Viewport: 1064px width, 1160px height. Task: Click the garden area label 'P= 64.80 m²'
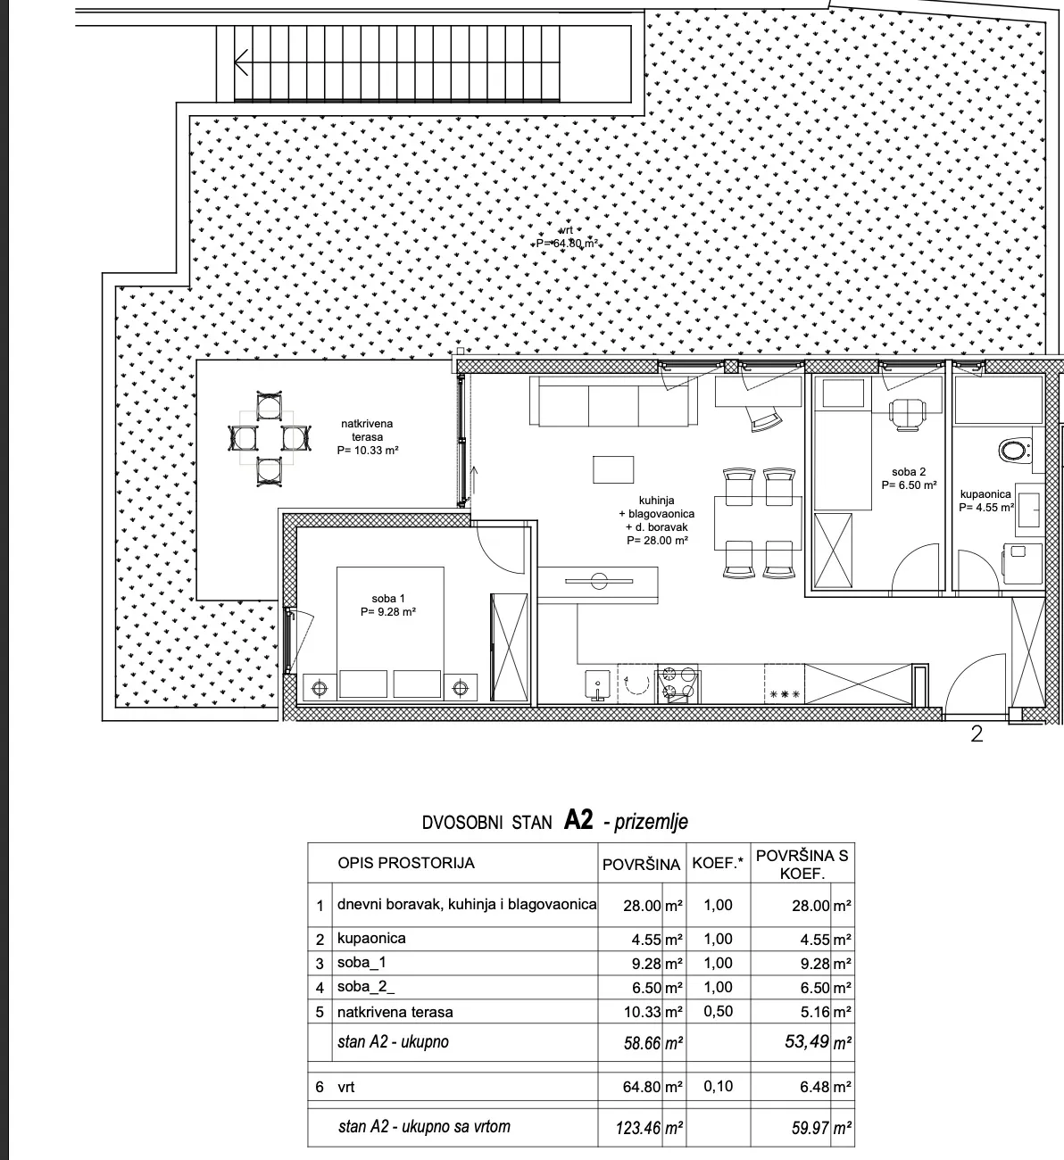(567, 244)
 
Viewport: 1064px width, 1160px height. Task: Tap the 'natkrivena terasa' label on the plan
(368, 430)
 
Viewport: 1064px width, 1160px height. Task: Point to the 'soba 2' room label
(909, 472)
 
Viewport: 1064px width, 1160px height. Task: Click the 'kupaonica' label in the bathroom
(985, 493)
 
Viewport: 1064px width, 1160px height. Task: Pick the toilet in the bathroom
(1014, 451)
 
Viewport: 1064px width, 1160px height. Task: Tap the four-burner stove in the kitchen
(677, 684)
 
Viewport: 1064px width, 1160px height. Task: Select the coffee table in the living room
(613, 469)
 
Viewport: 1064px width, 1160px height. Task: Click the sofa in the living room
(614, 402)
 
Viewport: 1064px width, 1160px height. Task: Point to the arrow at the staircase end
(242, 62)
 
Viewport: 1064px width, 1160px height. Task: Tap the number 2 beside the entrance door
(977, 733)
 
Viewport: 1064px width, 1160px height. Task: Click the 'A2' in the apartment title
(579, 821)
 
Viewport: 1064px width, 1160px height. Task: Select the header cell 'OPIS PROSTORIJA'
(406, 864)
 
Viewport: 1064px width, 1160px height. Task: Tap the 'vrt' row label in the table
(346, 1087)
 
